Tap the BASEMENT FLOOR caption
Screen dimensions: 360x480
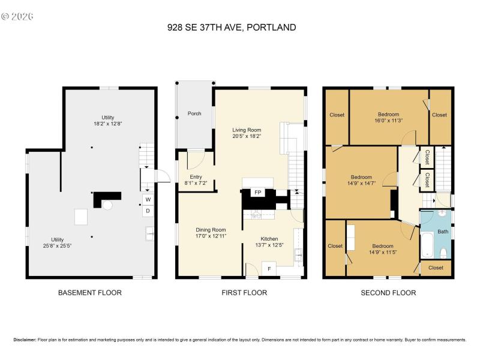(x=89, y=293)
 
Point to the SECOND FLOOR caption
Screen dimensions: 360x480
(x=388, y=293)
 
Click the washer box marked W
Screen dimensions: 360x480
(x=147, y=200)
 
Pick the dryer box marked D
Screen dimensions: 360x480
(x=147, y=211)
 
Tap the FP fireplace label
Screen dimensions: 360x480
(x=257, y=193)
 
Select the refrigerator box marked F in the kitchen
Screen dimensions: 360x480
(x=269, y=269)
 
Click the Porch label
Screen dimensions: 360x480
(x=194, y=113)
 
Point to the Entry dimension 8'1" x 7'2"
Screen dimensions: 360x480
(x=196, y=183)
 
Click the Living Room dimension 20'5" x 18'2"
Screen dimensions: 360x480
(x=247, y=136)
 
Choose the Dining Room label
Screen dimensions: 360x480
(x=211, y=229)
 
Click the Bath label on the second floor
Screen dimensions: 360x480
(x=442, y=231)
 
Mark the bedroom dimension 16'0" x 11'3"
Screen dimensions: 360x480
(x=389, y=120)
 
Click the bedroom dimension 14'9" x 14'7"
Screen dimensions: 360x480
(x=361, y=184)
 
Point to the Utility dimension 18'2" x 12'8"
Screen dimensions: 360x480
(x=107, y=124)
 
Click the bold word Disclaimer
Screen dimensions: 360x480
(x=24, y=340)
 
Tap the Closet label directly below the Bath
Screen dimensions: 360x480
(x=436, y=268)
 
